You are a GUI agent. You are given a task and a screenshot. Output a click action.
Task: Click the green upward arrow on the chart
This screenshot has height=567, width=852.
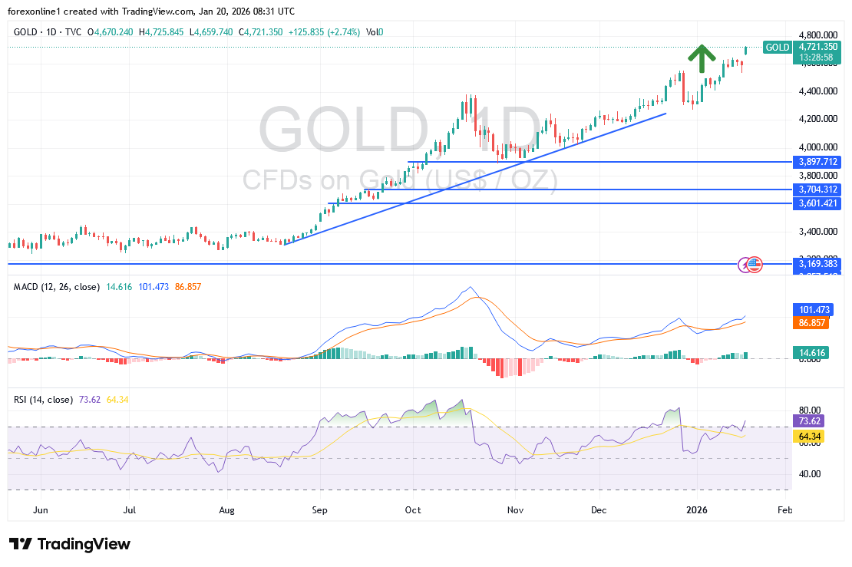click(701, 58)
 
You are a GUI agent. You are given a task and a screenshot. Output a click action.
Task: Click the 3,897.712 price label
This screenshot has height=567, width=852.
click(817, 162)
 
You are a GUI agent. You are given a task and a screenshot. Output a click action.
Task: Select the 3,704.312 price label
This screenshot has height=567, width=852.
click(817, 190)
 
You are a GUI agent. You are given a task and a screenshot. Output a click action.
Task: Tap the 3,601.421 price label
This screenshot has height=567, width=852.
click(817, 203)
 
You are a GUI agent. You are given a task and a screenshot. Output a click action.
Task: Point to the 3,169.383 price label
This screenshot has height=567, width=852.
click(817, 264)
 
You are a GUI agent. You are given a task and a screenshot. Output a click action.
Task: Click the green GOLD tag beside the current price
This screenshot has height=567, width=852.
click(778, 48)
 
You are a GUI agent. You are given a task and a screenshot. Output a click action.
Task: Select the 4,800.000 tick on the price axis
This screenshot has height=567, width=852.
click(816, 35)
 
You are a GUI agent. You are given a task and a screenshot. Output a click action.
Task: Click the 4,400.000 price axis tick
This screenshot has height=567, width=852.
click(816, 91)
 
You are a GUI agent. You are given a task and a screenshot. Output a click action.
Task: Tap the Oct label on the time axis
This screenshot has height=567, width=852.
click(413, 509)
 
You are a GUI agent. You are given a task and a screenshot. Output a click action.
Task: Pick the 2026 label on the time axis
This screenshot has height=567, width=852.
click(697, 509)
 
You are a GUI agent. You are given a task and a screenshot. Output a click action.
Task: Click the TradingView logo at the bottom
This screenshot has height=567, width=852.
click(71, 544)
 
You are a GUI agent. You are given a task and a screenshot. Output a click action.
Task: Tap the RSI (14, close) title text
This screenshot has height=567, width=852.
click(44, 400)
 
